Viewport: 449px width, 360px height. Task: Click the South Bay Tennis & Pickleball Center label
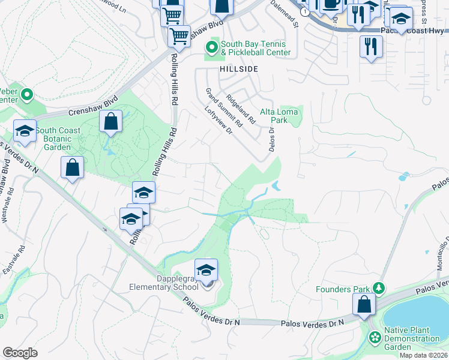[x=255, y=48]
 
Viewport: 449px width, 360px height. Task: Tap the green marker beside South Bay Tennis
[x=211, y=46]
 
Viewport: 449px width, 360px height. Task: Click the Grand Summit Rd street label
[x=223, y=108]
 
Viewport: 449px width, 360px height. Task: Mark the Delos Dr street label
[x=271, y=137]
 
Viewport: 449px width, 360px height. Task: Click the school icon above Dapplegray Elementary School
[x=206, y=271]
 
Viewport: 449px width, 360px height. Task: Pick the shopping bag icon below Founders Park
[x=364, y=304]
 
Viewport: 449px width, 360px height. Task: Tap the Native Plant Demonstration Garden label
[x=412, y=339]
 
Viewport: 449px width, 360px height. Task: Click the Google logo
[x=20, y=353]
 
